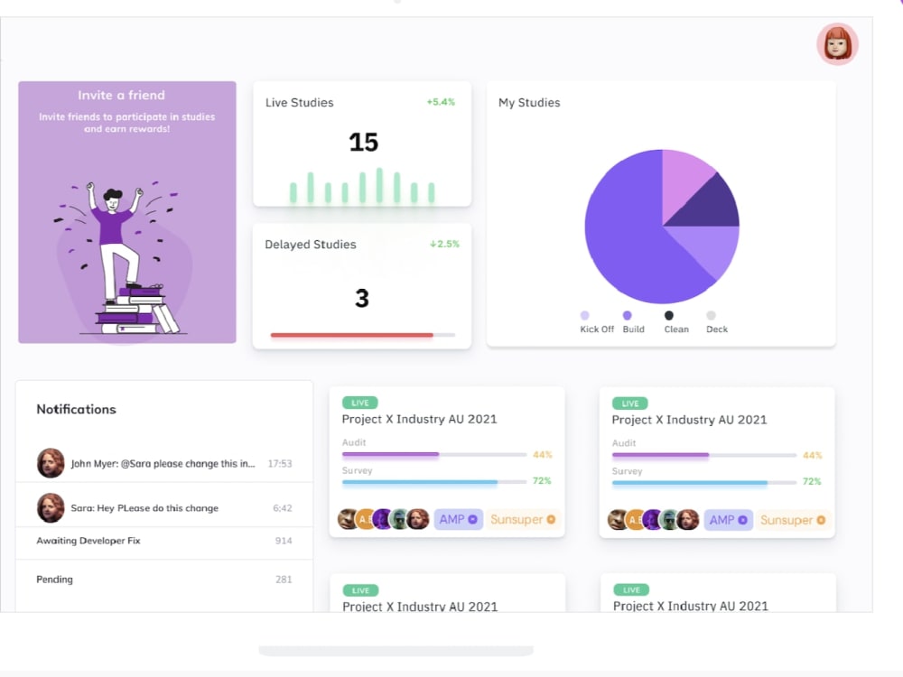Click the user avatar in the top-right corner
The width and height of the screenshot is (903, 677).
837,44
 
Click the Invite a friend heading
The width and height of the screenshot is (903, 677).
121,95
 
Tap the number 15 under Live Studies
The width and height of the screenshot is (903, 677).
363,143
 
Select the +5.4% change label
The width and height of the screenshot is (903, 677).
441,102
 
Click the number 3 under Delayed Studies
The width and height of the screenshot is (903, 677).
362,299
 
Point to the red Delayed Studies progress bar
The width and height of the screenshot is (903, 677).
351,335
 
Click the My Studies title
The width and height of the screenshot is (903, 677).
529,103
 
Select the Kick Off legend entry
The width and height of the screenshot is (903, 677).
596,329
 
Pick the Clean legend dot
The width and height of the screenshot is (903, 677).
669,316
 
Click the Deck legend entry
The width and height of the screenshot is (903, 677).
717,329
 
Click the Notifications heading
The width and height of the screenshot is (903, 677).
76,409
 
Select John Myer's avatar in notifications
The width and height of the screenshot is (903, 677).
51,463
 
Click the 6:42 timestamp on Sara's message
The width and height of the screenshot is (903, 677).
282,508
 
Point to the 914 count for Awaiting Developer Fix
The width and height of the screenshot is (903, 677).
284,541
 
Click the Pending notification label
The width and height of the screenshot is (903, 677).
54,580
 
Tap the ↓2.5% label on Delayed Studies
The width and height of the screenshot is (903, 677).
444,244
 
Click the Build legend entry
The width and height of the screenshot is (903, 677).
633,329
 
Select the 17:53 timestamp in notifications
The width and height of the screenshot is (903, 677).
280,463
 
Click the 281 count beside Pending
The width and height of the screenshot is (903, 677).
284,580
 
